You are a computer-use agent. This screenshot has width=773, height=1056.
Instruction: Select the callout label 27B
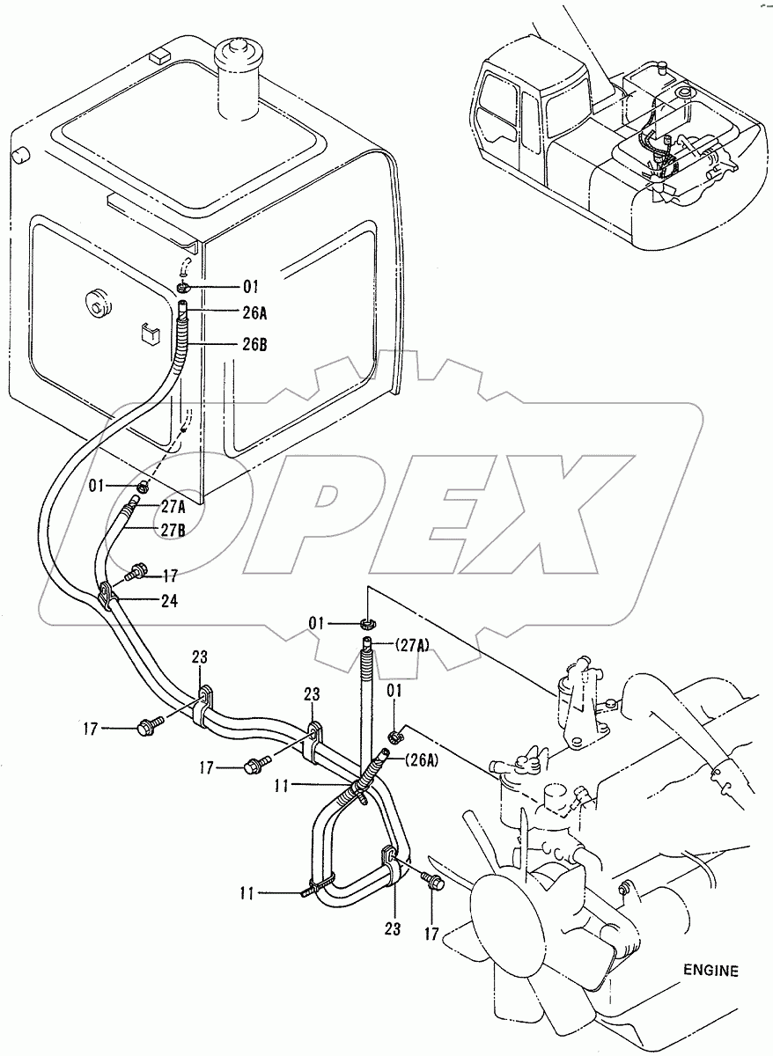173,528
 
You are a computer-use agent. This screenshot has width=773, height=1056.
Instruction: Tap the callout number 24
170,601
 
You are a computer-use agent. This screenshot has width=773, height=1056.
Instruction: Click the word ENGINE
710,971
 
